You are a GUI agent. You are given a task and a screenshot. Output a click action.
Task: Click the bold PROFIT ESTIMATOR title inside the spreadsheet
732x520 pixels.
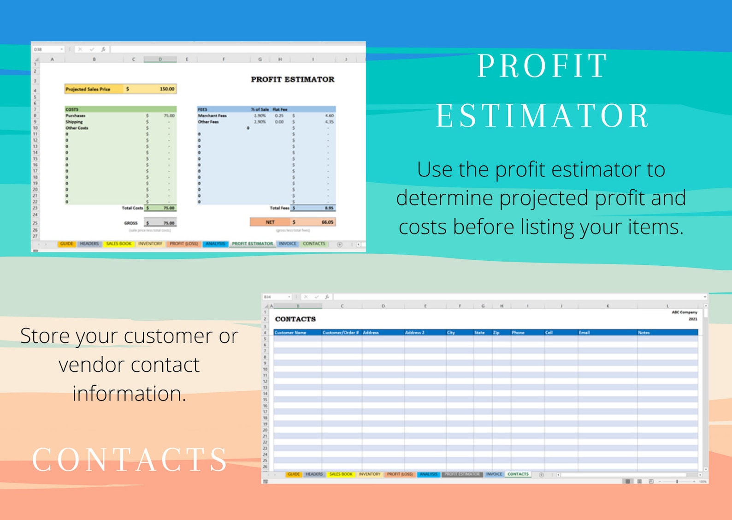292,79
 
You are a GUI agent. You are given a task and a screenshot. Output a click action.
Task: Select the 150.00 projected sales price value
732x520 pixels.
167,89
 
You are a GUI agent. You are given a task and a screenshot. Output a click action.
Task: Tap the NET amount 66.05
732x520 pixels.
327,222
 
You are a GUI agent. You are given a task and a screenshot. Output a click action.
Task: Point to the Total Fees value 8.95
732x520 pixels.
329,208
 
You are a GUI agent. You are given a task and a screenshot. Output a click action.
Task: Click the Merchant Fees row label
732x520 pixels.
213,116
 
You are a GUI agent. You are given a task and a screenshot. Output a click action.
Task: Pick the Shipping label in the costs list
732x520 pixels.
74,122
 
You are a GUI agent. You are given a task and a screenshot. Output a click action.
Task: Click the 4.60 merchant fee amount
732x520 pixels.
329,116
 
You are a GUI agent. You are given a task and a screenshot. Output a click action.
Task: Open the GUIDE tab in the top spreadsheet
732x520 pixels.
67,244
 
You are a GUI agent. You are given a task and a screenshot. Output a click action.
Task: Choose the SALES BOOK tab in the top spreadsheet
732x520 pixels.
118,244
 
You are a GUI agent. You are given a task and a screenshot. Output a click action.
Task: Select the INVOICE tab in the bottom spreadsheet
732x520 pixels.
494,474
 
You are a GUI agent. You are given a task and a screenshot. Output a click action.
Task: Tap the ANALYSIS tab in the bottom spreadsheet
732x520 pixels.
428,474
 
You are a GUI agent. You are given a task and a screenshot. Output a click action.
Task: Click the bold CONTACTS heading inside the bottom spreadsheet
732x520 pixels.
295,319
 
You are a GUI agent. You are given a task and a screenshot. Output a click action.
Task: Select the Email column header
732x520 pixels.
584,332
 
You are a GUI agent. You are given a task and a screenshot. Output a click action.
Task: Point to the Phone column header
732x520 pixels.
518,332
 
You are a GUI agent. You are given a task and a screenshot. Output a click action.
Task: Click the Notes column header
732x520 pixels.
643,332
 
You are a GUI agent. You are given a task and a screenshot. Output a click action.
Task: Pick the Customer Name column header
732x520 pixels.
290,332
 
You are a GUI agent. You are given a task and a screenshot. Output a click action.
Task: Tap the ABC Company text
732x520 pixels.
684,312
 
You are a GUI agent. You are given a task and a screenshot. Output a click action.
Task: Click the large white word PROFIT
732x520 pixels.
543,66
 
